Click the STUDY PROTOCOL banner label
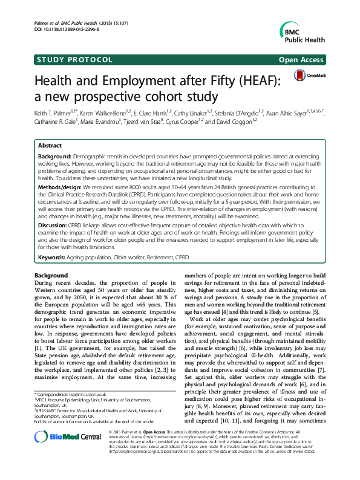point(75,60)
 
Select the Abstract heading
point(50,146)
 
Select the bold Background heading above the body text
point(52,276)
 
